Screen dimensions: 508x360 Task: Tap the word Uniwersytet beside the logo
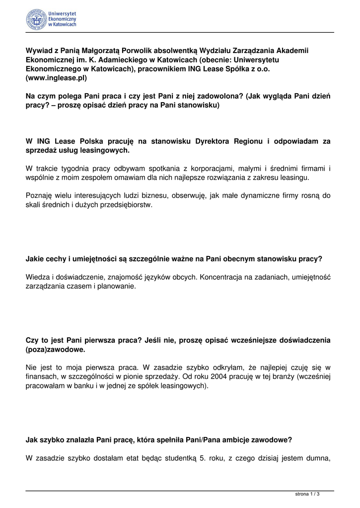click(x=63, y=14)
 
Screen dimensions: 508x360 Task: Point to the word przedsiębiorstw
click(x=128, y=205)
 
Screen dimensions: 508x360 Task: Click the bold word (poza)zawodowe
click(x=56, y=350)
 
